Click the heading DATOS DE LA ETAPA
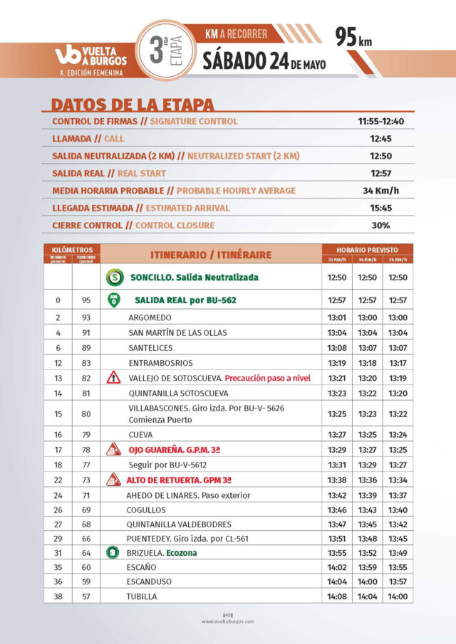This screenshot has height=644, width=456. tap(133, 104)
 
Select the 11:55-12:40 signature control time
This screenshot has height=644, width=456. tap(380, 122)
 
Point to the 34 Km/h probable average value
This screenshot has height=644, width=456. tap(380, 191)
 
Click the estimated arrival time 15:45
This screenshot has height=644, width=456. tap(380, 208)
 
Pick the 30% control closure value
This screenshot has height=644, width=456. tap(380, 226)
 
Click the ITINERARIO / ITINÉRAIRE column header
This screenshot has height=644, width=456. tap(210, 255)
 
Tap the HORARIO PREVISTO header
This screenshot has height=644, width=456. tap(368, 250)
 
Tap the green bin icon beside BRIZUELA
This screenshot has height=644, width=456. tap(112, 552)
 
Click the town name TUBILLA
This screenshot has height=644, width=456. tap(142, 596)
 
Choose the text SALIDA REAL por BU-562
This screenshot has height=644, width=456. tap(185, 300)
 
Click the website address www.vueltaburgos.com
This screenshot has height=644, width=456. tap(227, 621)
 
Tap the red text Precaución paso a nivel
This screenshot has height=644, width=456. tap(267, 378)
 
